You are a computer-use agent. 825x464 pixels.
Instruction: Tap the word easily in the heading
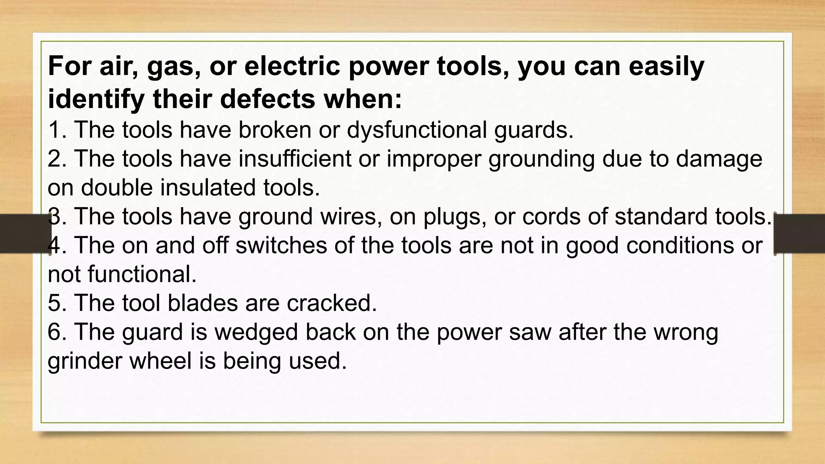(x=666, y=66)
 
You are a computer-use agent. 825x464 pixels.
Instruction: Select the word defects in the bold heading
(x=267, y=99)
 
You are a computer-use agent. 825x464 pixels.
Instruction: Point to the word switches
(x=281, y=245)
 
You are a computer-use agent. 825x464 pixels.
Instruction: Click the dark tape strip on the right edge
(x=799, y=234)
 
